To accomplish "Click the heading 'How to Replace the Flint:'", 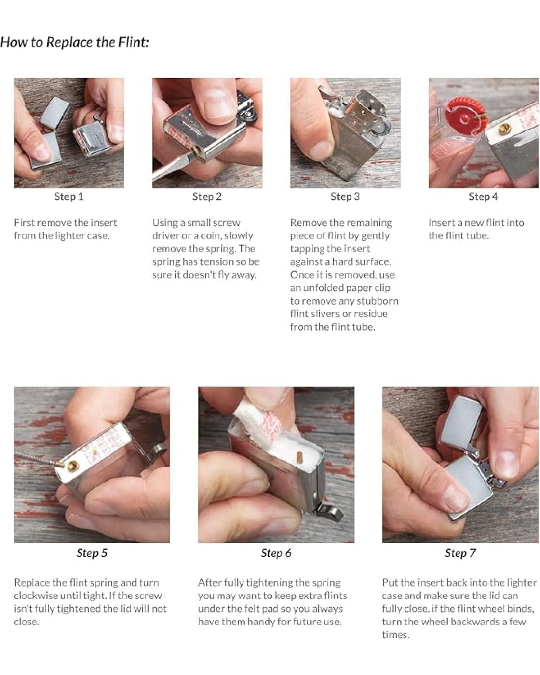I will coord(75,42).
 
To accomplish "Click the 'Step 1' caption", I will coord(69,197).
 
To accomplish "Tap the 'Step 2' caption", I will coord(207,197).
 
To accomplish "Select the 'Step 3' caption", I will coord(345,197).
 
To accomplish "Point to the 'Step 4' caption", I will coord(483,197).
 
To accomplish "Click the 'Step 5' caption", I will coord(92,553).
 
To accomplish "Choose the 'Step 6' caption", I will coord(276,553).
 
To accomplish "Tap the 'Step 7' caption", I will coord(460,553).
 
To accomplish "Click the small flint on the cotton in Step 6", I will coord(298,457).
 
